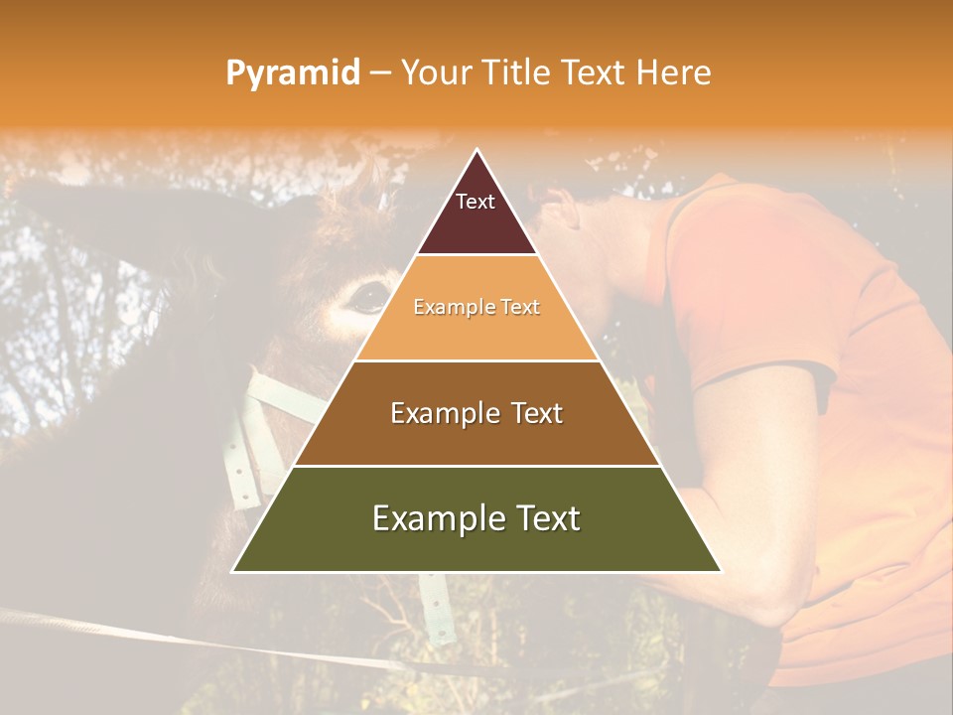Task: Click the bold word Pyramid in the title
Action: click(x=293, y=73)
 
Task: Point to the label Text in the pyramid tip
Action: click(x=475, y=202)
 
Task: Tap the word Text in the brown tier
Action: click(x=530, y=413)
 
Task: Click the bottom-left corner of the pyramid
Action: click(x=232, y=572)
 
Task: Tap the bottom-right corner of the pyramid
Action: click(x=722, y=572)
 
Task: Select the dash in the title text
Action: click(x=380, y=73)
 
